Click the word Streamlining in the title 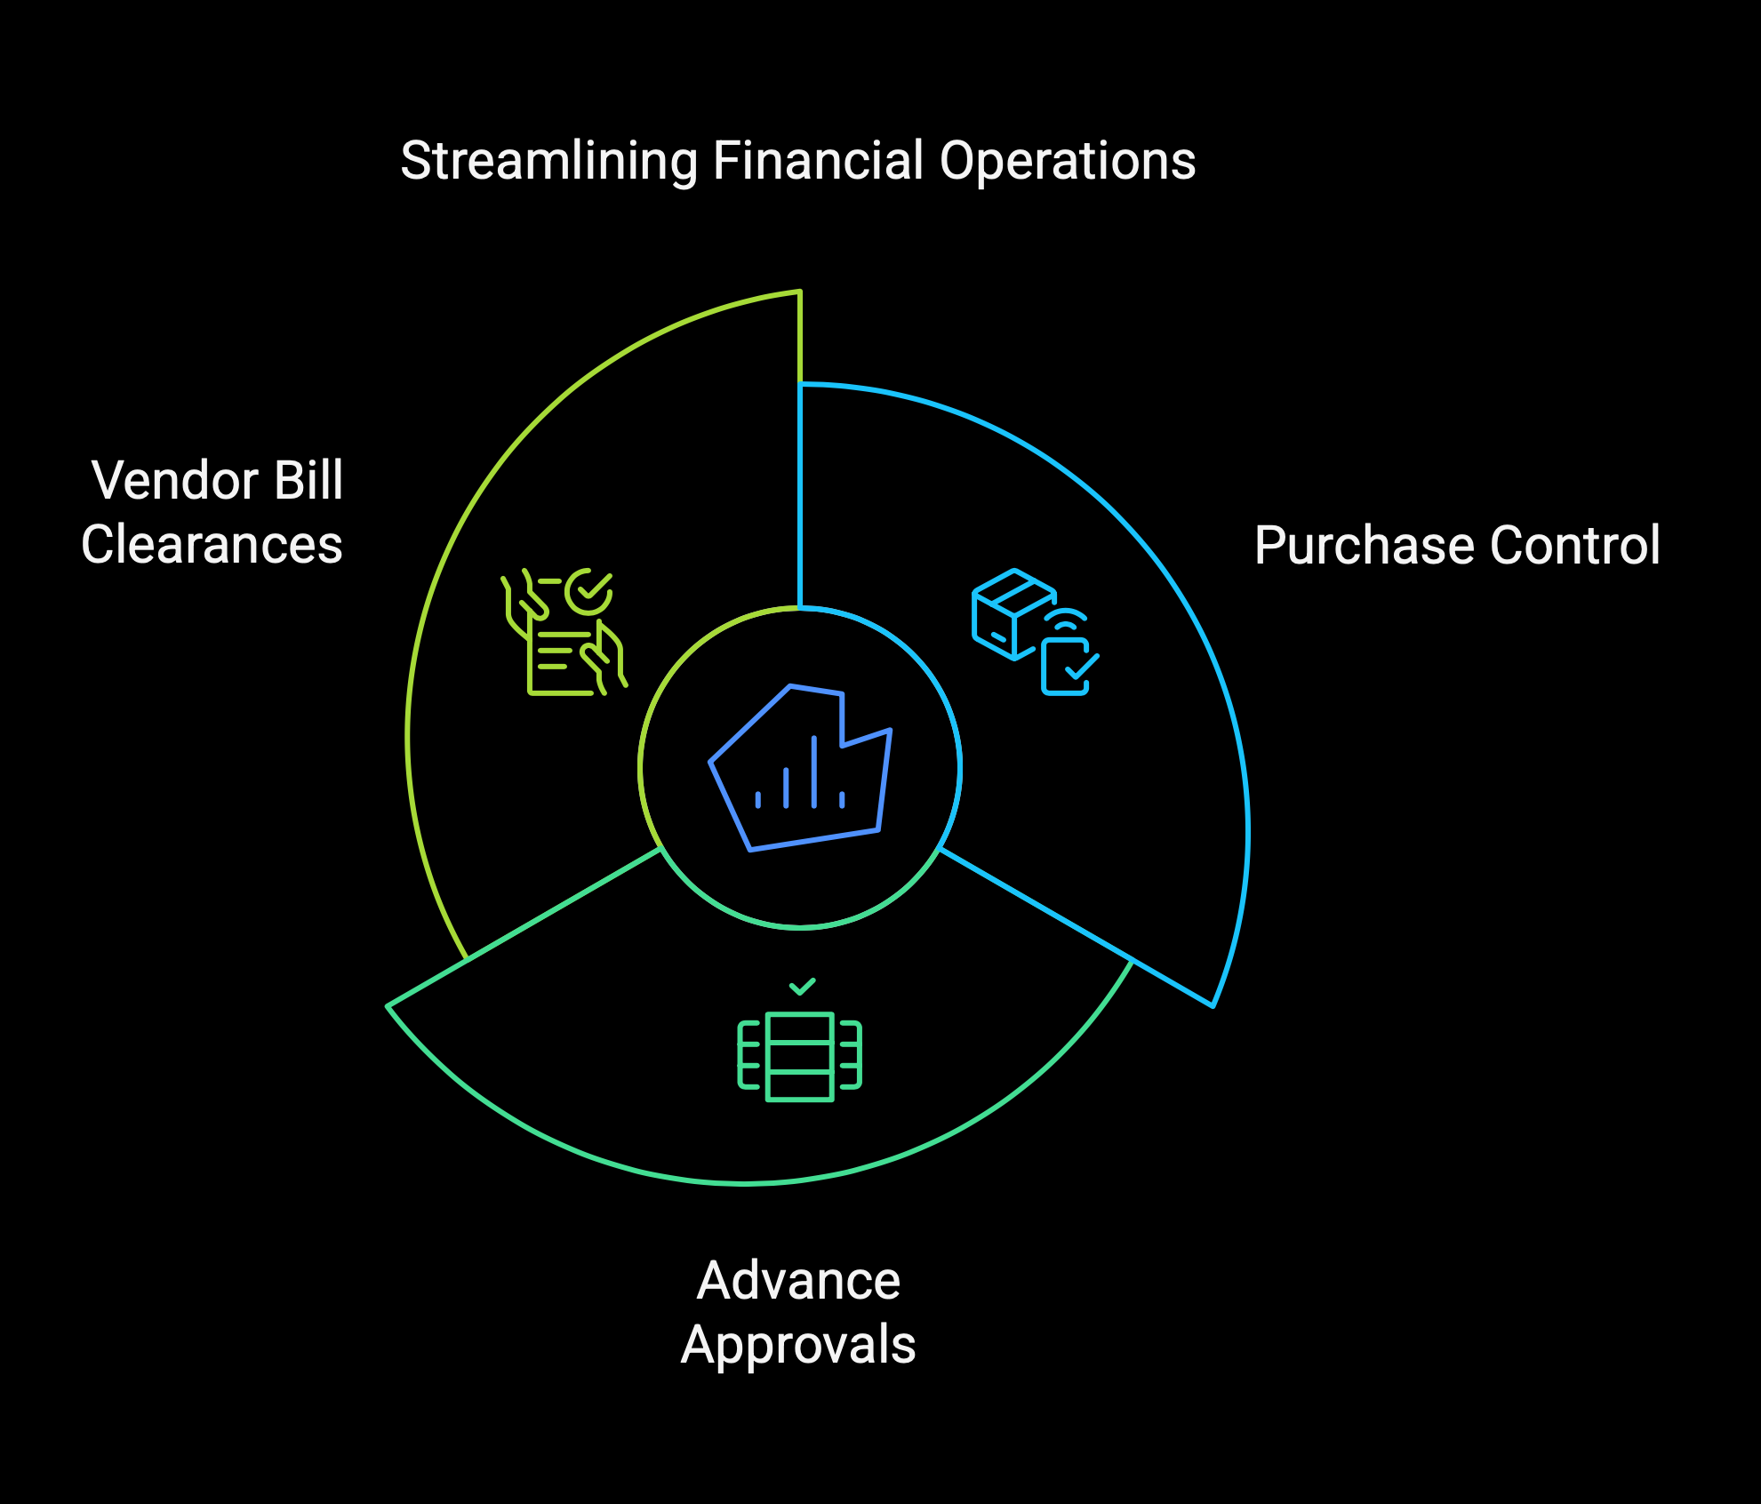click(549, 162)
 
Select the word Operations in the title click(1068, 162)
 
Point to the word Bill click(308, 480)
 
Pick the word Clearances click(212, 545)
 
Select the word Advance click(798, 1281)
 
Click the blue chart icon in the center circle click(800, 768)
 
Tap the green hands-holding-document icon click(564, 632)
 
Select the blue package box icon click(1013, 614)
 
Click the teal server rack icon click(800, 1057)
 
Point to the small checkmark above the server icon click(802, 987)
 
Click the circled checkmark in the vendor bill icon click(588, 591)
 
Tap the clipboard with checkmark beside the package click(1069, 666)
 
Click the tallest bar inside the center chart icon click(814, 772)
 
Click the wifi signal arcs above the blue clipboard click(1066, 620)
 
